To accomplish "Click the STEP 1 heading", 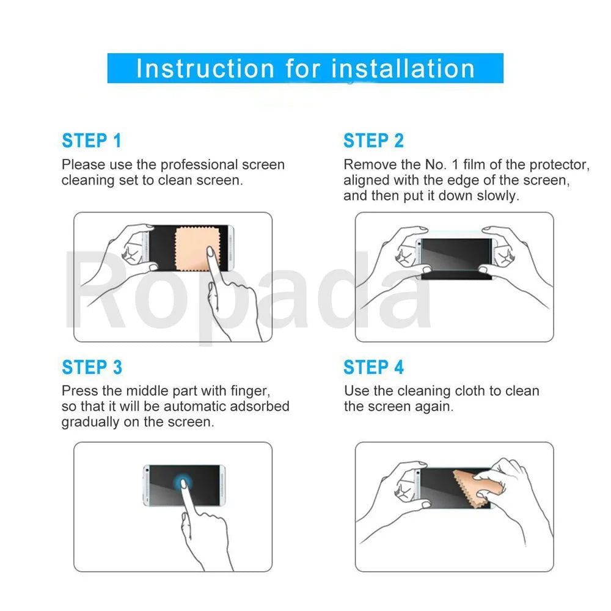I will pyautogui.click(x=92, y=141).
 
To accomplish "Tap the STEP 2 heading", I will pyautogui.click(x=373, y=141).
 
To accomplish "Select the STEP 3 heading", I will pyautogui.click(x=92, y=367).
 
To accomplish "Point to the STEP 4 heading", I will pyautogui.click(x=373, y=367).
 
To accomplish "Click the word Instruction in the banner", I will pyautogui.click(x=205, y=68).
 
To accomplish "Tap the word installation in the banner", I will pyautogui.click(x=403, y=68).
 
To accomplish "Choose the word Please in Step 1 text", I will pyautogui.click(x=83, y=165).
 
